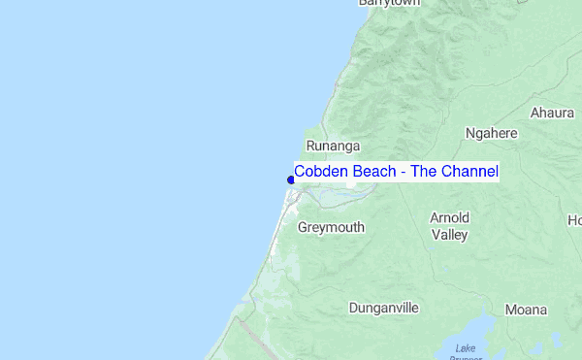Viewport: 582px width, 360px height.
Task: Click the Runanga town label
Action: pyautogui.click(x=326, y=146)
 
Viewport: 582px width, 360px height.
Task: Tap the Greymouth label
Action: pyautogui.click(x=331, y=227)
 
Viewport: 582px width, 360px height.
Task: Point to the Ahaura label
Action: pyautogui.click(x=552, y=113)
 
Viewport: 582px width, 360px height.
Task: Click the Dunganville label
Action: pyautogui.click(x=384, y=308)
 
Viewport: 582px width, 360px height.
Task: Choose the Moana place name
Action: pyautogui.click(x=527, y=310)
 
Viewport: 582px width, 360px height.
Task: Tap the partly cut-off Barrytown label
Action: pyautogui.click(x=388, y=4)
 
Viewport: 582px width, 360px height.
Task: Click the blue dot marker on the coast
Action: pyautogui.click(x=291, y=180)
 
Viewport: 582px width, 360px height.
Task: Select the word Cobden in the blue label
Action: pyautogui.click(x=319, y=172)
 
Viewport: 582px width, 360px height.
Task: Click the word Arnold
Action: pyautogui.click(x=450, y=217)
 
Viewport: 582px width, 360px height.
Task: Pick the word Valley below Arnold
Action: pyautogui.click(x=450, y=234)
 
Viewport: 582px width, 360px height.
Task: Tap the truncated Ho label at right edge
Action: pyautogui.click(x=574, y=220)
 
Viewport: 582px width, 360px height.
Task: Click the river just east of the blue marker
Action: pyautogui.click(x=335, y=194)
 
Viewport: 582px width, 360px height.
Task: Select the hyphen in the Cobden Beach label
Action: pyautogui.click(x=401, y=173)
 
